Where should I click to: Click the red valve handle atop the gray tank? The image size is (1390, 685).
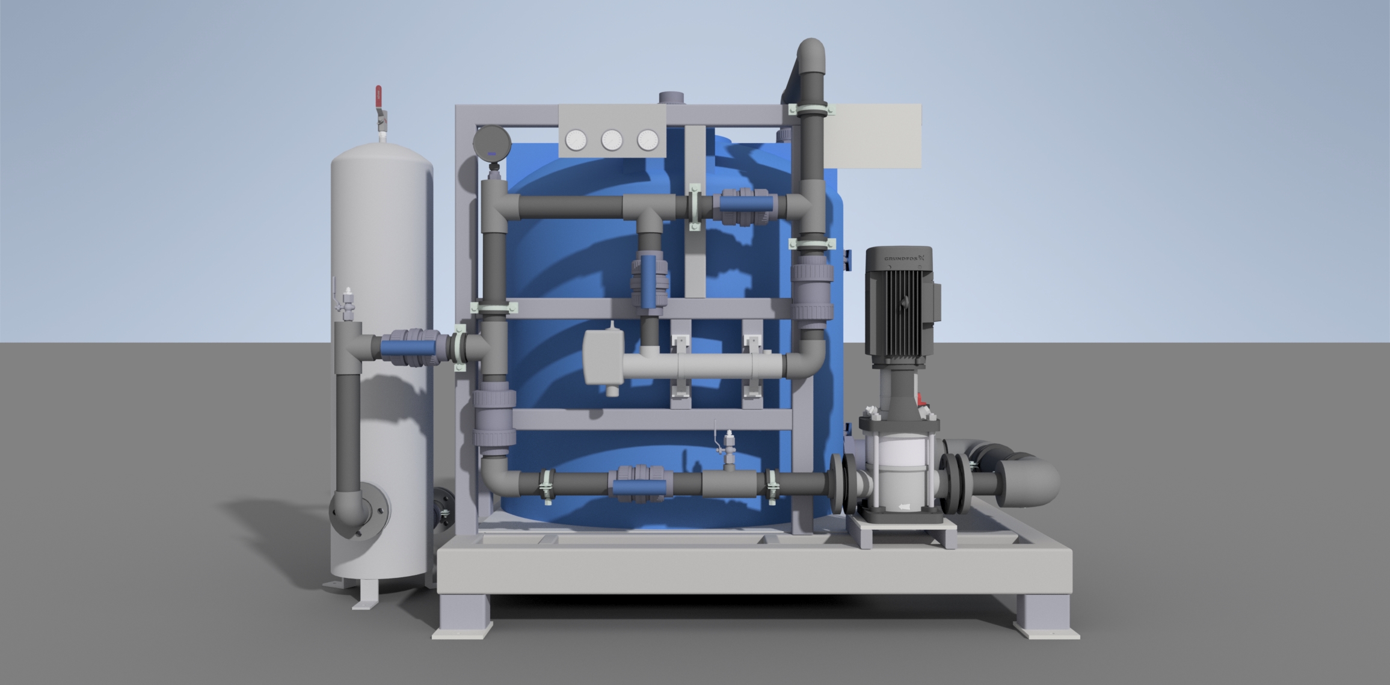coord(379,97)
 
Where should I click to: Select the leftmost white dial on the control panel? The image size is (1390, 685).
coord(576,141)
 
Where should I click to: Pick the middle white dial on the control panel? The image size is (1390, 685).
coord(612,141)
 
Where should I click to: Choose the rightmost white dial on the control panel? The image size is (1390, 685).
coord(648,141)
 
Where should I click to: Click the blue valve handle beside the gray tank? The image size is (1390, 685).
coord(408,348)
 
